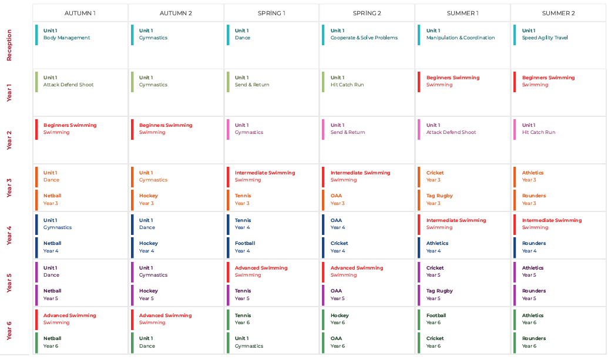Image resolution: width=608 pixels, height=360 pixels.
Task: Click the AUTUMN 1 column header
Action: [x=80, y=13]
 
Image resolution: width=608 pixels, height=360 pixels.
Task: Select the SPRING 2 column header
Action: [x=367, y=13]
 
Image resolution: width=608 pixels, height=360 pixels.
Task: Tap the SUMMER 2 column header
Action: [x=558, y=13]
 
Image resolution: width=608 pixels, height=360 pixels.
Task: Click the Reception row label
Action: [x=9, y=45]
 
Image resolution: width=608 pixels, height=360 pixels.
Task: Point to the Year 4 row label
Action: [x=9, y=235]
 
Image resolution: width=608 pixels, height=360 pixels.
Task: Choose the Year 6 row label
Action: [x=9, y=330]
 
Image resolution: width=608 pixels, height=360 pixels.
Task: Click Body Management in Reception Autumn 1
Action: [x=66, y=38]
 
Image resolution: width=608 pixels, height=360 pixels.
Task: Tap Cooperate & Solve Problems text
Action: [x=364, y=38]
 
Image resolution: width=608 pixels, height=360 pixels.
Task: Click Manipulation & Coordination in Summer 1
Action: [x=460, y=38]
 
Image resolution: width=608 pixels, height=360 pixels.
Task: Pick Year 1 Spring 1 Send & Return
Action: [x=252, y=85]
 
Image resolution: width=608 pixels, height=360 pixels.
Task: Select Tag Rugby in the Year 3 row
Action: [x=439, y=196]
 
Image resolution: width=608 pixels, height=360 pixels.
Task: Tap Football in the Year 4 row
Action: [x=245, y=243]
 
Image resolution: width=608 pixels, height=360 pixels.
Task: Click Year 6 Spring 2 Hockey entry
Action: [x=340, y=315]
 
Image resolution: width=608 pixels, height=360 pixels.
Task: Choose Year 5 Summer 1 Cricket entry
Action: [x=435, y=268]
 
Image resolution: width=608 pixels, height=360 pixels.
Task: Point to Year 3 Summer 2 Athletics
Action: [x=533, y=173]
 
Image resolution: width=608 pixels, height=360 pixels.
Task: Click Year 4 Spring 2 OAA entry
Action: [x=336, y=220]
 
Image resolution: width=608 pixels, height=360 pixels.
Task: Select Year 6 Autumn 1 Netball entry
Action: [x=52, y=338]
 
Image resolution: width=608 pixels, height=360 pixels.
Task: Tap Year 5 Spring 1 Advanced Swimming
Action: [x=261, y=268]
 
